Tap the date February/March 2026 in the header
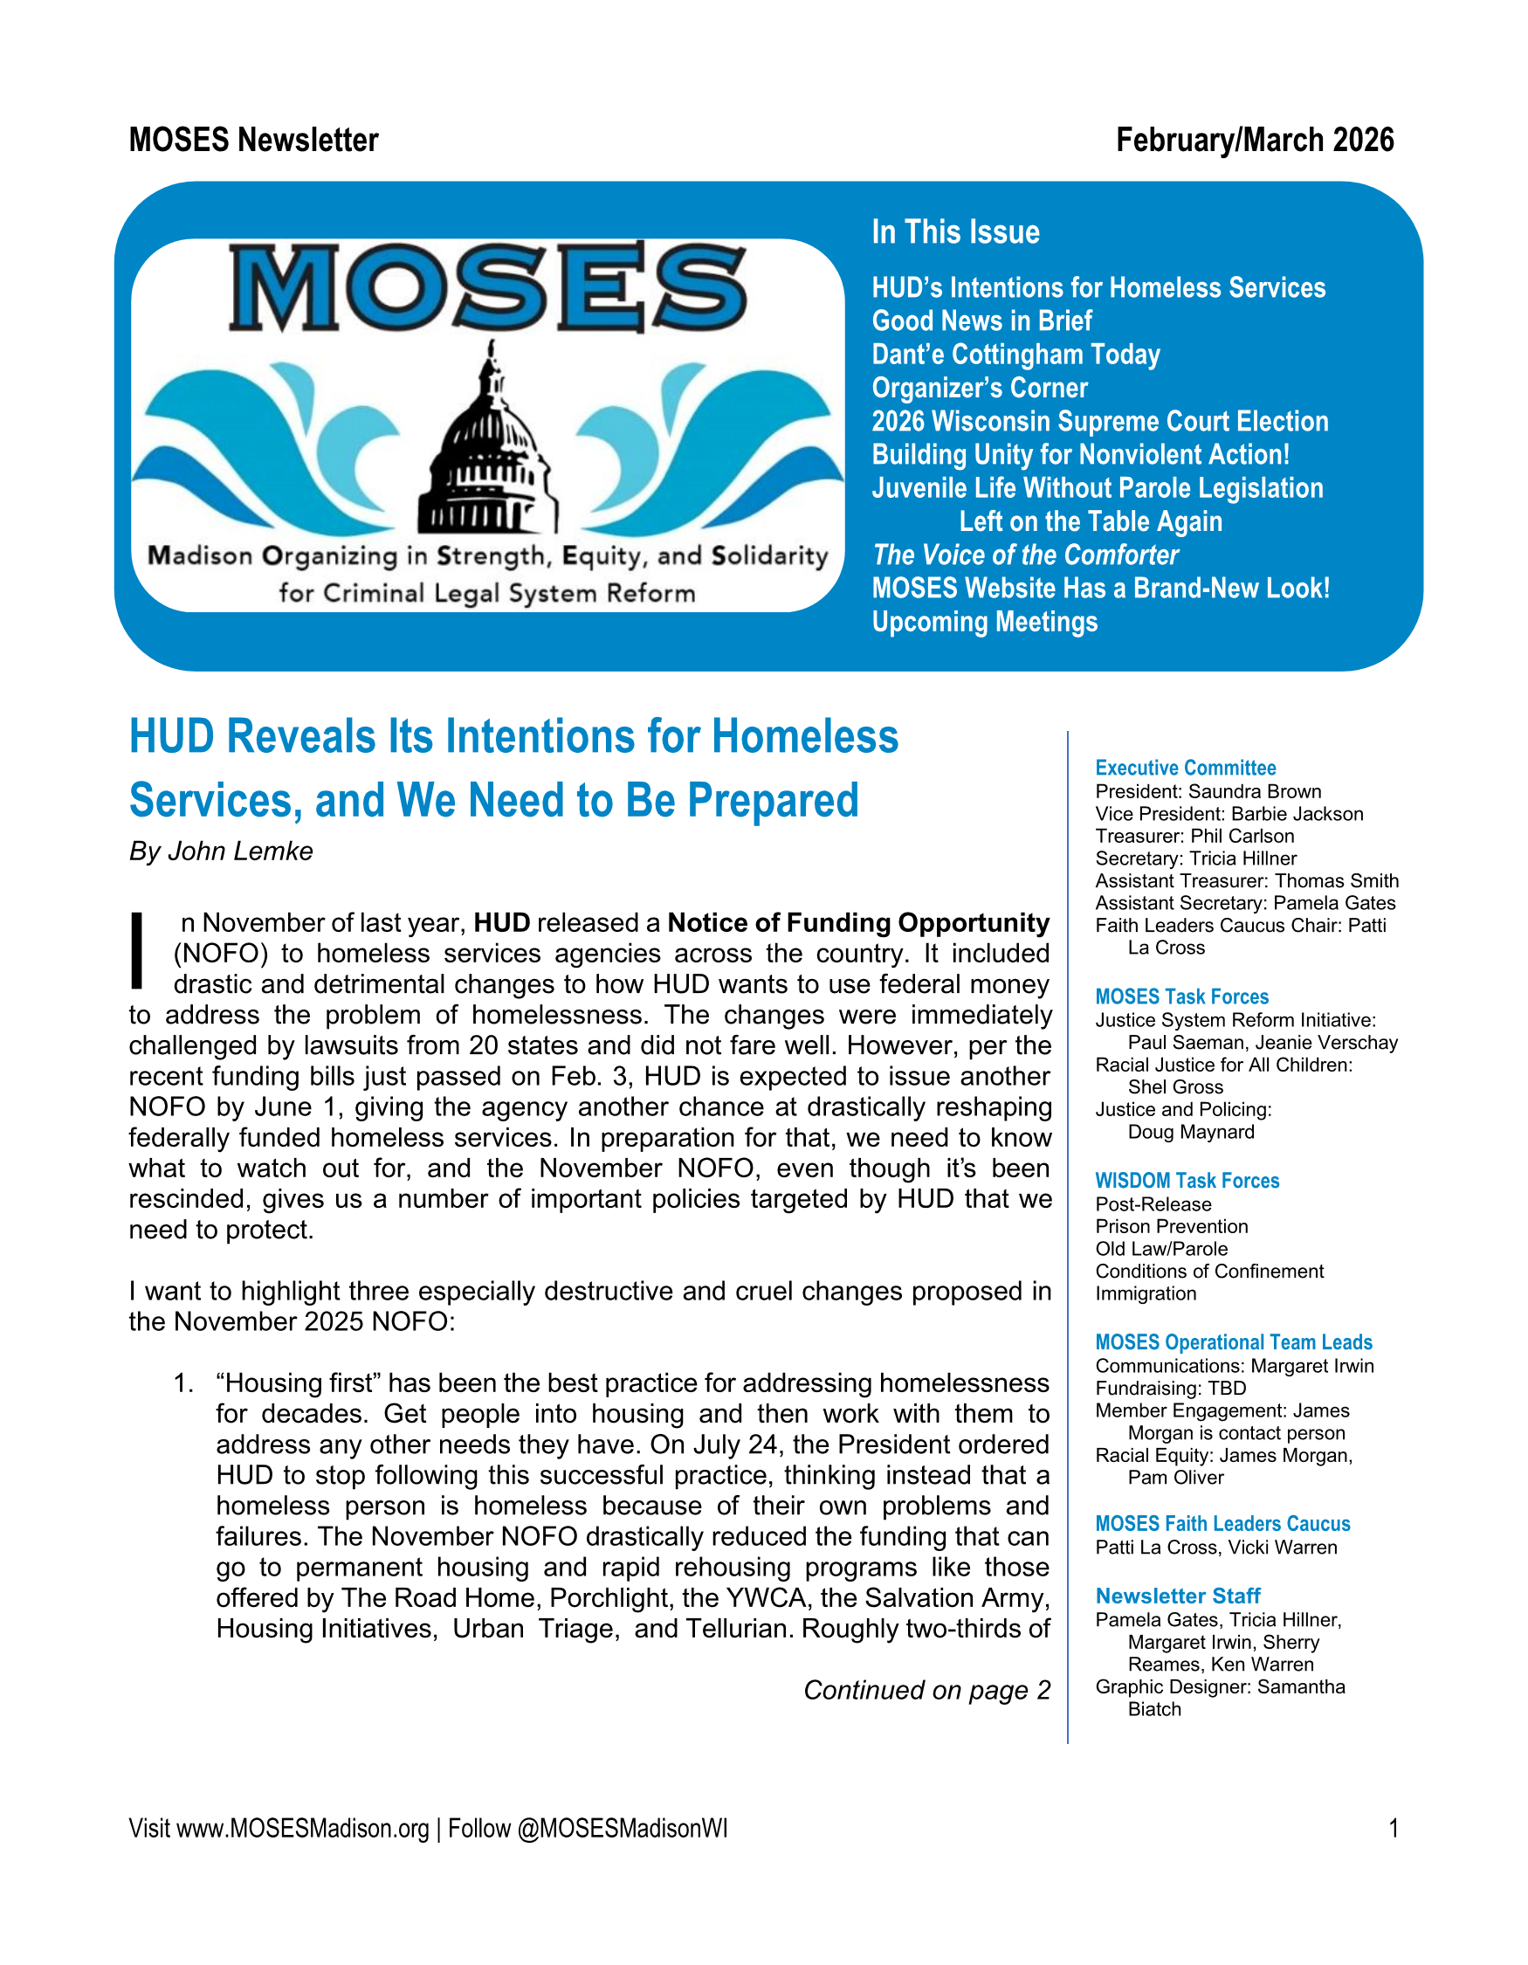pyautogui.click(x=1254, y=141)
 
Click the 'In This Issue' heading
pyautogui.click(x=955, y=232)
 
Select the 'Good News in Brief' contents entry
pyautogui.click(x=981, y=321)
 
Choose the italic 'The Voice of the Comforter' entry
pyautogui.click(x=1024, y=555)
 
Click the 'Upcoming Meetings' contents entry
pyautogui.click(x=984, y=622)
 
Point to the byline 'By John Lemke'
pyautogui.click(x=221, y=851)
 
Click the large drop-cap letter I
pyautogui.click(x=138, y=950)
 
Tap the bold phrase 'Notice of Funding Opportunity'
pyautogui.click(x=858, y=923)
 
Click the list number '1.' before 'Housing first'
pyautogui.click(x=183, y=1382)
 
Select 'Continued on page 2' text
pyautogui.click(x=926, y=1691)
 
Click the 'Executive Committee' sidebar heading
pyautogui.click(x=1185, y=768)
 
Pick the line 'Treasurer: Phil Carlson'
pyautogui.click(x=1194, y=836)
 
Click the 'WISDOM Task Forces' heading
pyautogui.click(x=1187, y=1181)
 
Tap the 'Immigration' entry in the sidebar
pyautogui.click(x=1145, y=1293)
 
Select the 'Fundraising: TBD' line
pyautogui.click(x=1170, y=1389)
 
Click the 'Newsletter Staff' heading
pyautogui.click(x=1177, y=1596)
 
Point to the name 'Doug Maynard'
pyautogui.click(x=1190, y=1132)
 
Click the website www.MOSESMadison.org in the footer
pyautogui.click(x=302, y=1829)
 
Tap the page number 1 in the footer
pyautogui.click(x=1392, y=1829)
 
